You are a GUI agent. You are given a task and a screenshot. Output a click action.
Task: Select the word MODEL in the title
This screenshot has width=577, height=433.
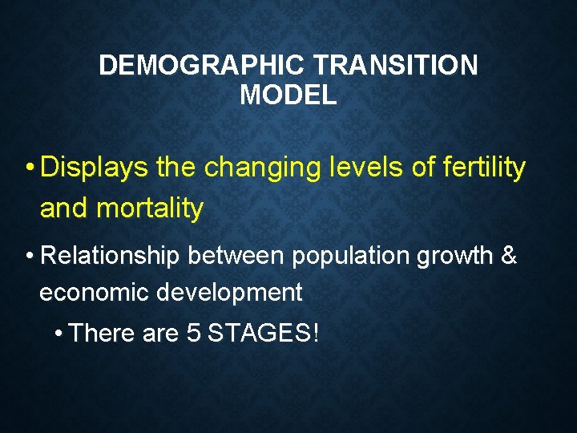click(288, 95)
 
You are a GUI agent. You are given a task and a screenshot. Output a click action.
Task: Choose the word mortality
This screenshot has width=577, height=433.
click(149, 208)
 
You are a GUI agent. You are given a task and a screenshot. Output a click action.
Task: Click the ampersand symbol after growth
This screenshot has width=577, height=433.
click(508, 257)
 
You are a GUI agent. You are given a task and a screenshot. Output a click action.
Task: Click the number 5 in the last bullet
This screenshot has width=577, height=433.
click(192, 333)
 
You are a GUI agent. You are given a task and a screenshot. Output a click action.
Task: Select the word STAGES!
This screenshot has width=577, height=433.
click(263, 333)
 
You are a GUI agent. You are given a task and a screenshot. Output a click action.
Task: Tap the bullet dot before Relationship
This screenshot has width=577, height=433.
click(29, 257)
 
